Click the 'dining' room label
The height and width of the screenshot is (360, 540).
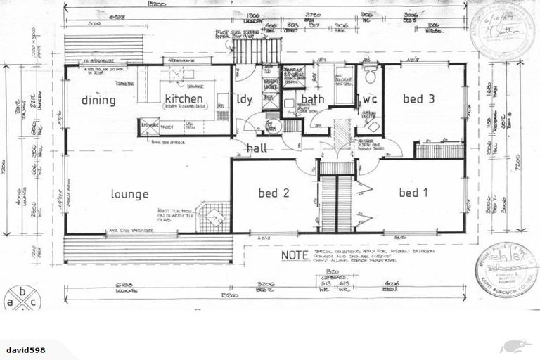tap(98, 100)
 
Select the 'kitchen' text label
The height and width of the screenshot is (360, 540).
tap(184, 98)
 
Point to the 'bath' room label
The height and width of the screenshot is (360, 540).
tap(313, 99)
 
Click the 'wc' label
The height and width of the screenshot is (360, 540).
tap(370, 99)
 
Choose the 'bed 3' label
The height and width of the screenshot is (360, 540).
tap(418, 99)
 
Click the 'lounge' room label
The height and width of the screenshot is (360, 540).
tap(129, 194)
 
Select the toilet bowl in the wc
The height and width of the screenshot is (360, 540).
tap(371, 75)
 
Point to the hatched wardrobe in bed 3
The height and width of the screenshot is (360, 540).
tap(438, 150)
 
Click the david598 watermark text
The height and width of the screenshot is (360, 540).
tap(26, 349)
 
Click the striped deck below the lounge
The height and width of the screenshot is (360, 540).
tap(148, 248)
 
